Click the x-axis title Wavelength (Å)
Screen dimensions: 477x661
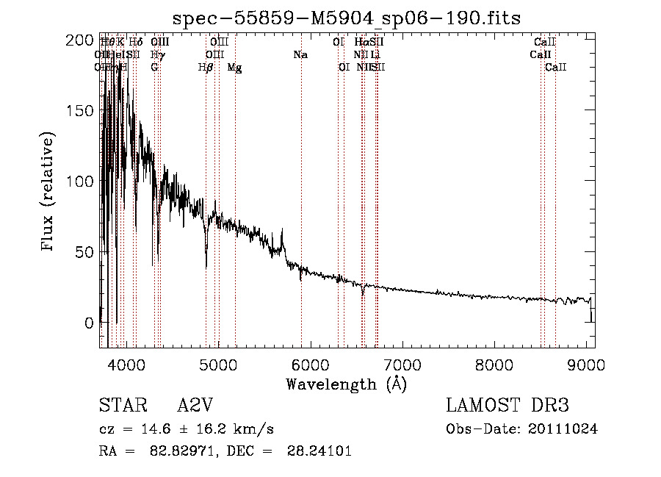[347, 384]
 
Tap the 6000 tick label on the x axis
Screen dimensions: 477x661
[309, 365]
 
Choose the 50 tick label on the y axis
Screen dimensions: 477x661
[84, 252]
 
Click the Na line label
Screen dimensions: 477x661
[300, 55]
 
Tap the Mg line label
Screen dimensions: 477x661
[234, 68]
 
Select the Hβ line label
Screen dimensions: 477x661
[206, 68]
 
